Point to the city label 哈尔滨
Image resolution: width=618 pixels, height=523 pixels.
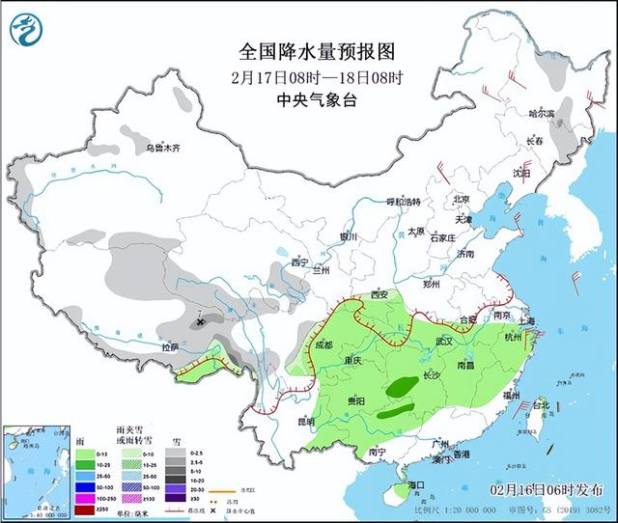[542, 114]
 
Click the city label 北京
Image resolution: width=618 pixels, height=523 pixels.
[462, 200]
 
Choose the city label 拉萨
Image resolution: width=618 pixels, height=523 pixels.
[170, 346]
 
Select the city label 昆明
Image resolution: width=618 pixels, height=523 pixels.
[306, 422]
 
